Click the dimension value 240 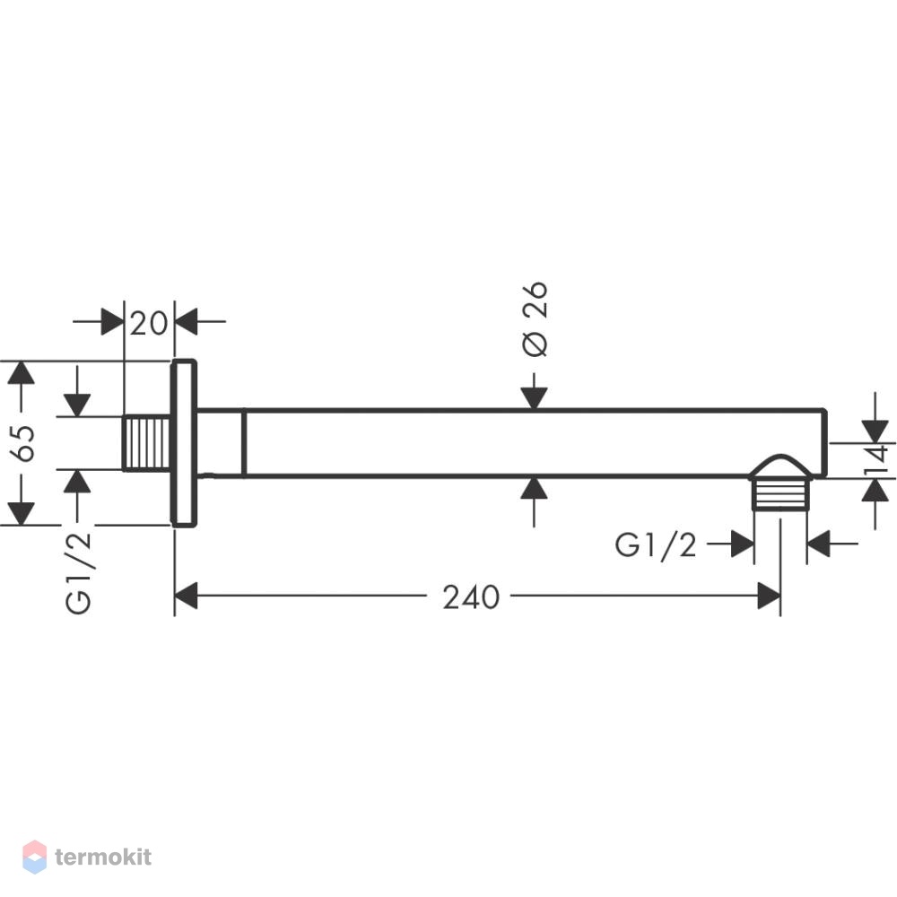click(x=471, y=597)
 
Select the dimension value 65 click(x=25, y=443)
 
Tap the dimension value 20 click(x=149, y=324)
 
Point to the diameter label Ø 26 click(x=535, y=318)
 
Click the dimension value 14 click(x=877, y=460)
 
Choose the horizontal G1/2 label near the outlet click(x=656, y=544)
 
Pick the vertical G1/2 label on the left click(x=78, y=572)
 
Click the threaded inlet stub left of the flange click(x=147, y=443)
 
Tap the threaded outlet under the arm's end click(x=780, y=493)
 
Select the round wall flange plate click(x=184, y=443)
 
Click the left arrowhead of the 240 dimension click(x=186, y=596)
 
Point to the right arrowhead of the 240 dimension click(x=769, y=596)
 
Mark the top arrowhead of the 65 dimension click(x=22, y=372)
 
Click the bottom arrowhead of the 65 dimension click(x=22, y=514)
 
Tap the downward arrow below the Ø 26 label click(x=535, y=392)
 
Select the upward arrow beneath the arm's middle click(x=535, y=501)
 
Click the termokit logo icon click(x=34, y=857)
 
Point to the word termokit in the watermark click(x=103, y=857)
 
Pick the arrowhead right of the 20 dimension click(x=187, y=321)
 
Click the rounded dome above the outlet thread click(x=780, y=466)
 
